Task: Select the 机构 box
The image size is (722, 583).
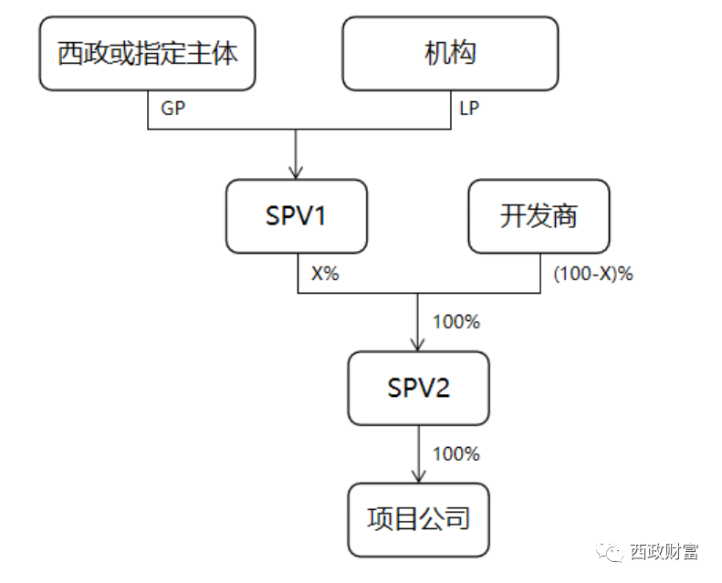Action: (x=450, y=54)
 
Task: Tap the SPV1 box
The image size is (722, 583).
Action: (x=297, y=216)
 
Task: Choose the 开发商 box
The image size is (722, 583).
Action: (x=539, y=216)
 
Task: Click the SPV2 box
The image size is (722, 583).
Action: (x=418, y=388)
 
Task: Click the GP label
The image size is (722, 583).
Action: (x=173, y=108)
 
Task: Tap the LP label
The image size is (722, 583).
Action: (x=469, y=108)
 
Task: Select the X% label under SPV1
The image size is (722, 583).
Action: (x=325, y=273)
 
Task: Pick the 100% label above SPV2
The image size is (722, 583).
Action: (x=455, y=321)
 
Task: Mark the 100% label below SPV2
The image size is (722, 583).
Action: (x=455, y=453)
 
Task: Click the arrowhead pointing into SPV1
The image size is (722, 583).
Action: (x=297, y=171)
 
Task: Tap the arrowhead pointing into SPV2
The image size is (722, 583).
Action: (x=418, y=344)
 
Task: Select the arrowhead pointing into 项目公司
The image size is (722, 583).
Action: (x=418, y=475)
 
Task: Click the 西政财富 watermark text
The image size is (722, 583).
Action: (x=664, y=552)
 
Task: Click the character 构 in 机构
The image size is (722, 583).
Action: (x=464, y=54)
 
